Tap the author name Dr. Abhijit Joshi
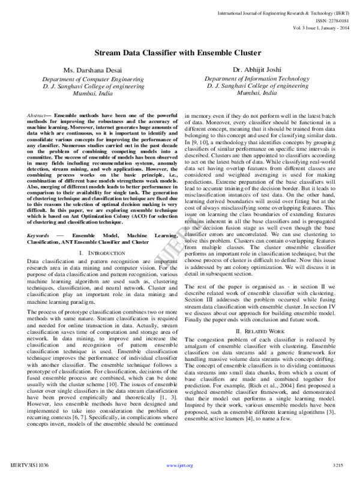click(257, 70)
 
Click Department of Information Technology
click(257, 79)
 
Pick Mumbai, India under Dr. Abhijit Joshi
click(257, 94)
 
